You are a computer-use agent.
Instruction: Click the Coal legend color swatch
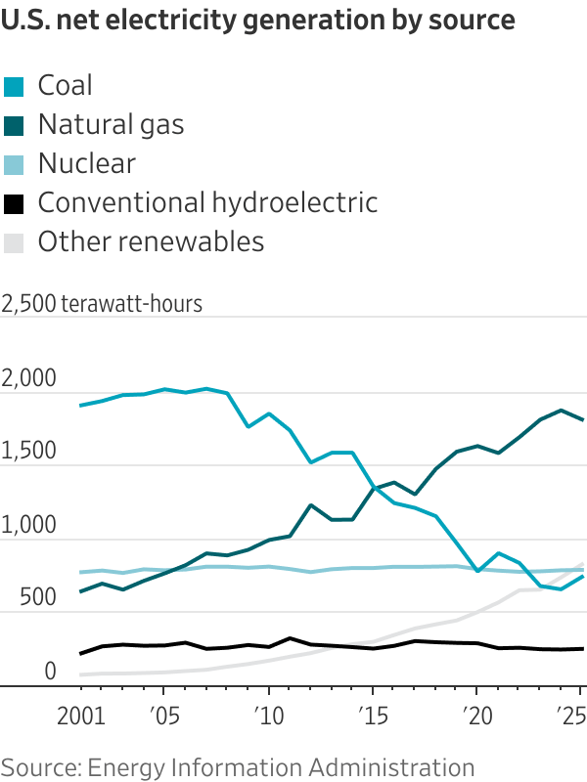click(x=13, y=87)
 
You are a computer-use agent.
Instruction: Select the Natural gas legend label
click(x=111, y=124)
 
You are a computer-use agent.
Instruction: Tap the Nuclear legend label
click(x=86, y=163)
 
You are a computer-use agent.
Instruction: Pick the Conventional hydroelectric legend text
click(x=207, y=202)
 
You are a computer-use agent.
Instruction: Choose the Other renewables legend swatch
click(x=13, y=243)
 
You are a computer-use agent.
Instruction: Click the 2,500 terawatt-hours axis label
click(x=102, y=303)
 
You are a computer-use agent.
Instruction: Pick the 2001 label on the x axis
click(x=81, y=717)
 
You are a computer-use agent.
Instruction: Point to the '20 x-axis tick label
click(x=475, y=717)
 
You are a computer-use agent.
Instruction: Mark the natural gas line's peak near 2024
click(x=561, y=411)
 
